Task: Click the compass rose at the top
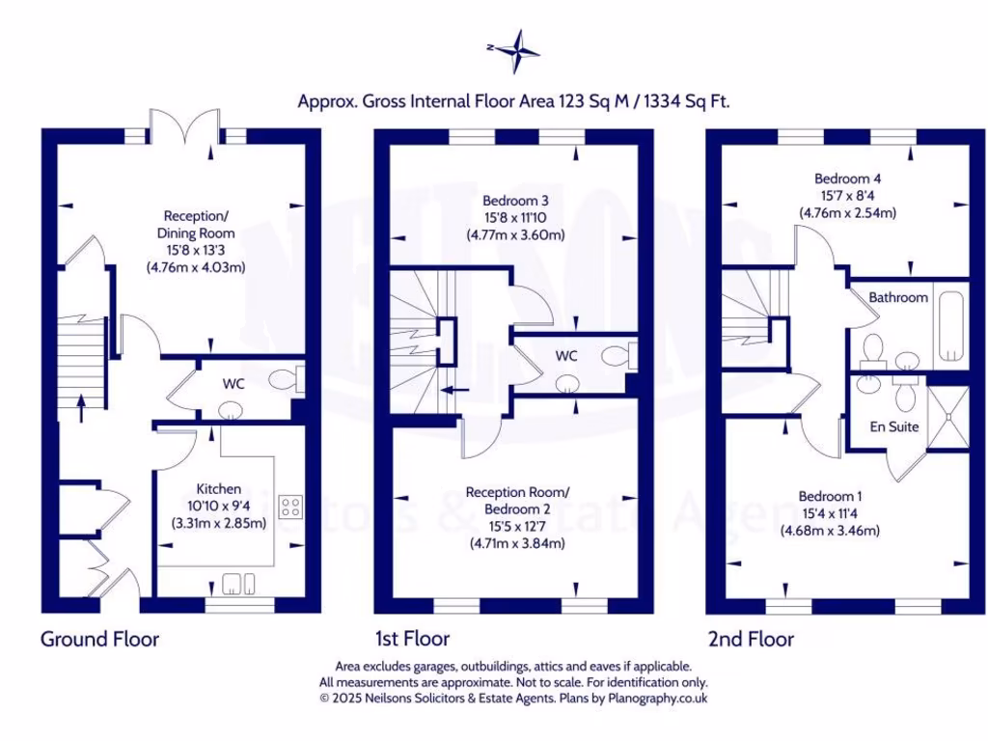coord(517,49)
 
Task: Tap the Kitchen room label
coord(219,489)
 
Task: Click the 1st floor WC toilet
coord(617,356)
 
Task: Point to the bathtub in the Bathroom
coord(950,324)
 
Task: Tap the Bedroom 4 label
coord(847,178)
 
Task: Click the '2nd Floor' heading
coord(751,639)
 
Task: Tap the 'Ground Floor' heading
coord(99,639)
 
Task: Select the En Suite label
coord(894,426)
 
